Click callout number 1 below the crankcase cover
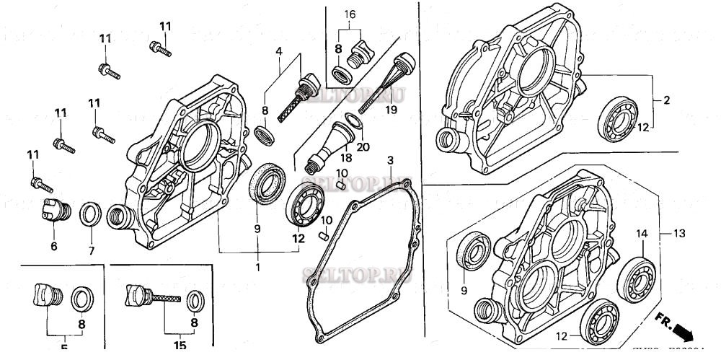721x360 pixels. (x=257, y=268)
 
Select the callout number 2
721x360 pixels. (x=666, y=101)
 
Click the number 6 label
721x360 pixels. (x=53, y=246)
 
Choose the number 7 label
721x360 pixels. (x=91, y=250)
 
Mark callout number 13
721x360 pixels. (x=679, y=233)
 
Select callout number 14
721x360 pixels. (x=642, y=233)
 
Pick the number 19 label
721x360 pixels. (x=392, y=110)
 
